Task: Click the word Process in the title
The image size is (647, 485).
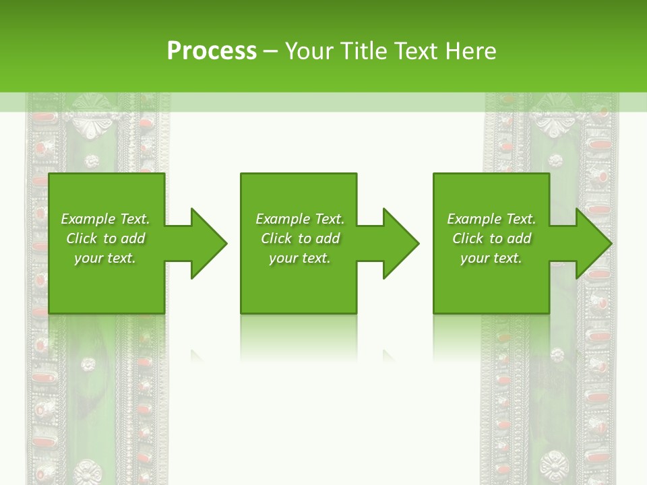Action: (212, 51)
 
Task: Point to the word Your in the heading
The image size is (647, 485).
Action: (310, 51)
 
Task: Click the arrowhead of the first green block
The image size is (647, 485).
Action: (206, 243)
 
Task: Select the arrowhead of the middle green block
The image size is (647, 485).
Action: (398, 243)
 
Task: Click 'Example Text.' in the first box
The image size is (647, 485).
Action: (105, 219)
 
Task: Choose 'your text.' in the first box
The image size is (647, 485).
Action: (105, 258)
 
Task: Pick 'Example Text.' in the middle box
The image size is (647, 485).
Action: (300, 219)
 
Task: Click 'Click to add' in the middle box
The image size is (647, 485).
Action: (300, 238)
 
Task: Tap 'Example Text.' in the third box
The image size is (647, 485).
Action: (491, 219)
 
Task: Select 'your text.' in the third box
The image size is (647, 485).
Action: (491, 258)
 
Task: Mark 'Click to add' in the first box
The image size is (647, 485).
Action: (105, 238)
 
